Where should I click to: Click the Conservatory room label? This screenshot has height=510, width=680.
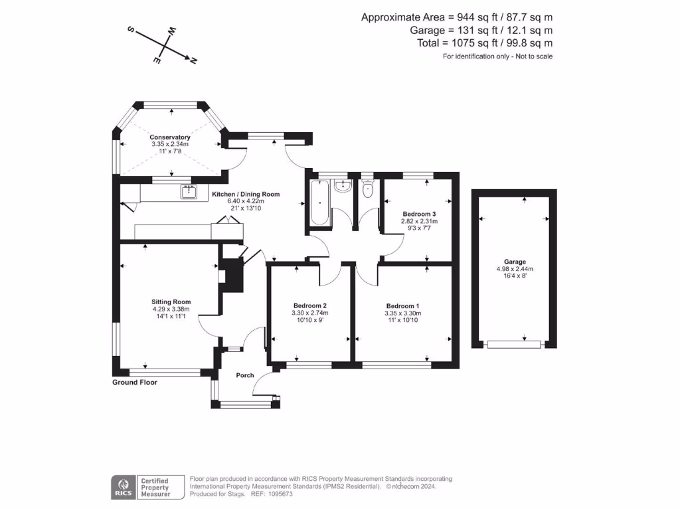coord(170,137)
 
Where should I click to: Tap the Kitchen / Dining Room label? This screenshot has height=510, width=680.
coord(246,195)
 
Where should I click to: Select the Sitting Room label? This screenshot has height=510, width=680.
coord(171,301)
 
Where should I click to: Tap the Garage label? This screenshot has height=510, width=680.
coord(515,262)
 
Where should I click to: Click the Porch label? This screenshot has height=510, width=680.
coord(245,376)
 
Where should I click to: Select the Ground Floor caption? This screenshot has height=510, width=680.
coord(135,382)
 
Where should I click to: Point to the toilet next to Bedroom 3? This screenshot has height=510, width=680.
coord(368,190)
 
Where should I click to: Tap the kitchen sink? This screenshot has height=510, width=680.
coord(189,192)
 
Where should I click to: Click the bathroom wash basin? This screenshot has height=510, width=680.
coord(343,185)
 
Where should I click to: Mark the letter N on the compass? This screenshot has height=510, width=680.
coord(194,61)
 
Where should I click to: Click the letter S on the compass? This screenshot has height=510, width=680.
coord(131,30)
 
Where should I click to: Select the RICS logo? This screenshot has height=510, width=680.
coord(122,486)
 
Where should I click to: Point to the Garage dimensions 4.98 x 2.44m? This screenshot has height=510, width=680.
coord(515,269)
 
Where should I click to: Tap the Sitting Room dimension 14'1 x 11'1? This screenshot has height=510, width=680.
coord(171,316)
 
